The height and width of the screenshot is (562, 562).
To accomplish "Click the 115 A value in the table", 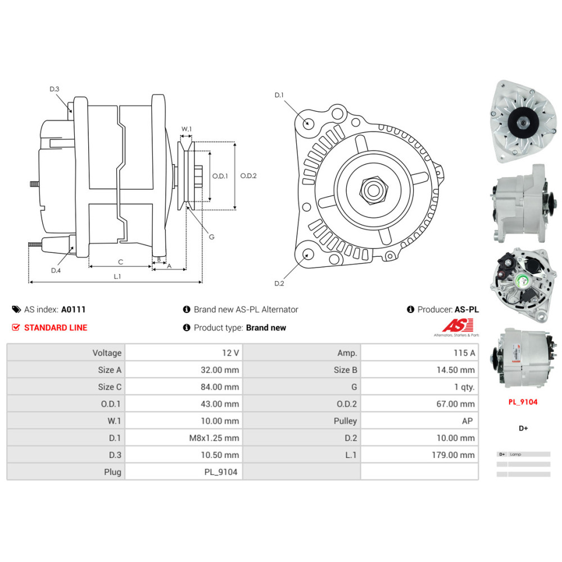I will tap(464, 353).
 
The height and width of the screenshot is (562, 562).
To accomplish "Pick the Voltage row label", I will tap(107, 353).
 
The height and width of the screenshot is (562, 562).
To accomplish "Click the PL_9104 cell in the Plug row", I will tap(221, 472).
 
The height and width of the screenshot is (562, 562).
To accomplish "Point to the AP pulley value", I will tap(466, 421).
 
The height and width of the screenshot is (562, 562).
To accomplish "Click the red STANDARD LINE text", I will tap(56, 328).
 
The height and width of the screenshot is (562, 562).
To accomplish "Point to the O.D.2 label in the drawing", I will tap(248, 176).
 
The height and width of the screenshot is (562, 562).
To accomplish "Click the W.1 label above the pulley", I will tap(187, 129).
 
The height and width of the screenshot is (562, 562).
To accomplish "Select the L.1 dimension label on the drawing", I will tap(117, 277).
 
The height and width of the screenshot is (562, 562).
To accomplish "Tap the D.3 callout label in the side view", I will tap(55, 89).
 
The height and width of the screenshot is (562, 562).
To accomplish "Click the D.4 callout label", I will tap(56, 270).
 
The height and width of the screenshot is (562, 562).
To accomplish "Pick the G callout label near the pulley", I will tap(211, 237).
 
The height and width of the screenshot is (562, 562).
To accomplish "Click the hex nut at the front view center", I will tap(372, 190).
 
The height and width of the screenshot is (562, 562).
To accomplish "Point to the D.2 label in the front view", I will tap(279, 283).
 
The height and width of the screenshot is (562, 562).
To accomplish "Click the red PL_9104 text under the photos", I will tap(523, 402).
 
